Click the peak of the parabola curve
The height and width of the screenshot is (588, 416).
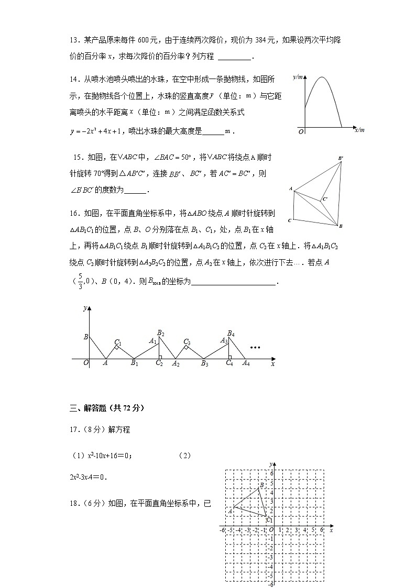(321, 78)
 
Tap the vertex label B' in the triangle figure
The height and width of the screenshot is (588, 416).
(341, 158)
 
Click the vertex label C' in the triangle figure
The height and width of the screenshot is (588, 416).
(325, 199)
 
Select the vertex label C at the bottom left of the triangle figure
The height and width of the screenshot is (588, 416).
(290, 220)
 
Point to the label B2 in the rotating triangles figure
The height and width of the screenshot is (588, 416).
(161, 333)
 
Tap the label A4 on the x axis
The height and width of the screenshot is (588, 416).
(246, 364)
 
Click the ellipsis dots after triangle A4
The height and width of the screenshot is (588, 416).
(256, 348)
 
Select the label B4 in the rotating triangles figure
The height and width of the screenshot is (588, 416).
(231, 333)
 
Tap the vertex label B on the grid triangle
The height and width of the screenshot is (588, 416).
(261, 485)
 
